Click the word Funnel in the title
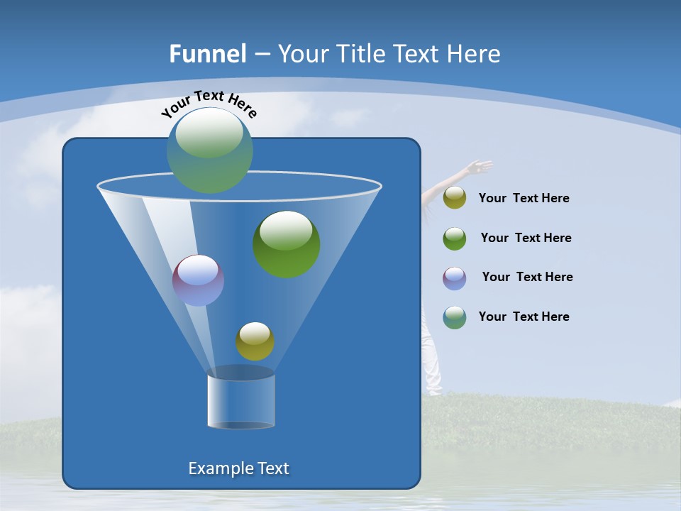pos(208,54)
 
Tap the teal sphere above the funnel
pos(210,150)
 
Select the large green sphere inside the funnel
pos(287,245)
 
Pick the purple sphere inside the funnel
pos(199,280)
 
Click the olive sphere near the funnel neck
pos(255,341)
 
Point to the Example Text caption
pos(239,468)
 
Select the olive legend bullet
pos(455,198)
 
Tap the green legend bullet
pos(455,238)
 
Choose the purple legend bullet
pos(455,278)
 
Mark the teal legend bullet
pos(455,317)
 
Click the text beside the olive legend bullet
pos(524,199)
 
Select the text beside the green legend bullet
pos(526,238)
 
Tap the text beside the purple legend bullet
pos(527,278)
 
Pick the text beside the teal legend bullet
pos(524,317)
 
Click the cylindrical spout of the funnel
pos(241,400)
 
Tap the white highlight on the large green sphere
pos(286,229)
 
